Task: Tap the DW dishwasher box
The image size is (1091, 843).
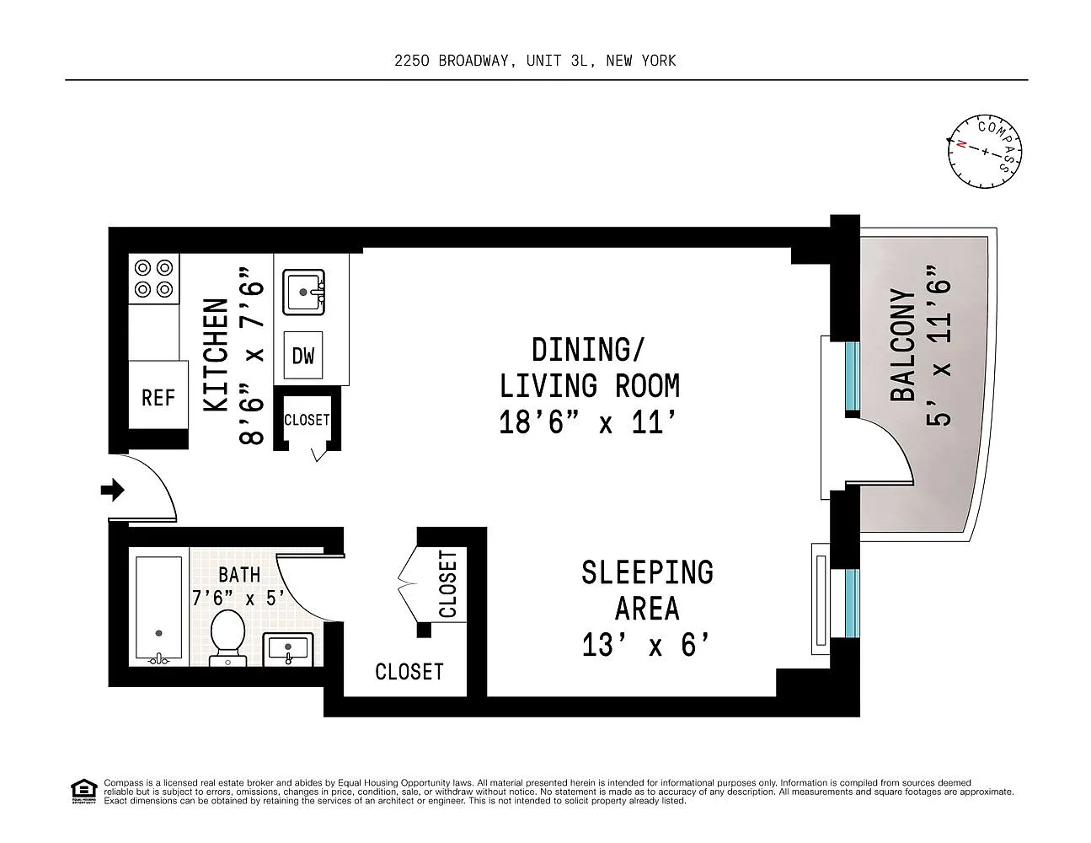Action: point(302,355)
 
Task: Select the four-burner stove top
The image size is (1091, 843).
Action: point(153,278)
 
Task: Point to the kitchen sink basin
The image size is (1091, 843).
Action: point(304,293)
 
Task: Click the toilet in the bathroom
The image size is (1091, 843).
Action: point(228,638)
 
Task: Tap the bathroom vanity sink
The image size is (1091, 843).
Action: point(288,650)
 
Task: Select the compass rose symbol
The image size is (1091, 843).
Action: point(985,152)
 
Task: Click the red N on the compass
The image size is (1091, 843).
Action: point(961,144)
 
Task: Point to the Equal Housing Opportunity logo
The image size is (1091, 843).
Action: point(84,792)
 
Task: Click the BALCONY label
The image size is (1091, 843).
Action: point(903,345)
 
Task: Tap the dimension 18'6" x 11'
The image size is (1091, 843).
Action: point(588,422)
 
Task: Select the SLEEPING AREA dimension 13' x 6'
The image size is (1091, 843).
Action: point(647,645)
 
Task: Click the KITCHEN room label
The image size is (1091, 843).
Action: point(216,355)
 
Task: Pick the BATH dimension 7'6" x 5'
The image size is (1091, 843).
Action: point(238,598)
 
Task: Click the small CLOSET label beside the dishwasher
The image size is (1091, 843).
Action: point(307,420)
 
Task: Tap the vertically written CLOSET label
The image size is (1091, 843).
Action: point(448,583)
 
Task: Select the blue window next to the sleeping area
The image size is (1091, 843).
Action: point(852,603)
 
